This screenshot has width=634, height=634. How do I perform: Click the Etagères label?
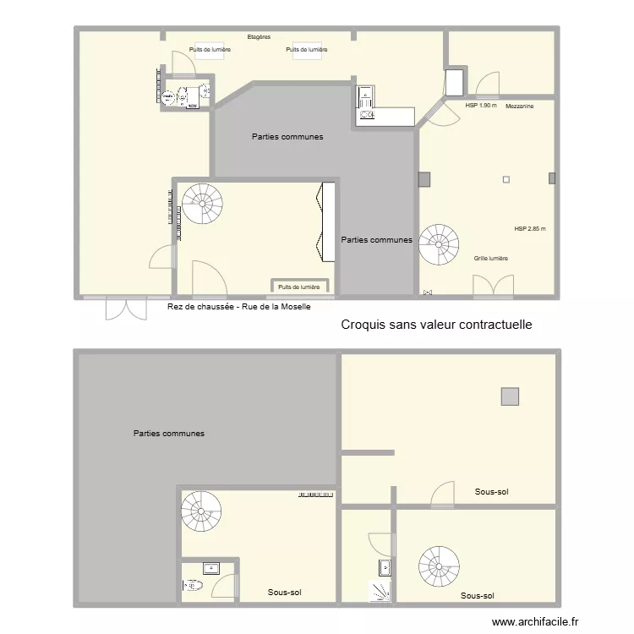[x=259, y=37]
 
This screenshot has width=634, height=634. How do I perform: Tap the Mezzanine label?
[x=520, y=107]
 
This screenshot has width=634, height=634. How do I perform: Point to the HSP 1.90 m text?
[x=481, y=105]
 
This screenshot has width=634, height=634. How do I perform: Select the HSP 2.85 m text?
[x=530, y=229]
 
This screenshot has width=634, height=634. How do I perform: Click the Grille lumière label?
[x=491, y=259]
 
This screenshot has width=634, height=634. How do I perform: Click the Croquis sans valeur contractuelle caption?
[x=437, y=325]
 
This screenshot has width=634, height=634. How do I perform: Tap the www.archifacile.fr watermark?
[x=535, y=621]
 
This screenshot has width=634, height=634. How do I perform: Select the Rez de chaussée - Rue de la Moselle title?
[x=239, y=307]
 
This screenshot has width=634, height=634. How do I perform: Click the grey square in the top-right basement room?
[x=510, y=396]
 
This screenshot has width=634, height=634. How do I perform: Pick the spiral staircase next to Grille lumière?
[x=439, y=244]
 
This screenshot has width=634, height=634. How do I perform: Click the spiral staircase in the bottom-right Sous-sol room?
[x=439, y=566]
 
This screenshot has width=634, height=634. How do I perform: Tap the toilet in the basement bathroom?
[x=193, y=585]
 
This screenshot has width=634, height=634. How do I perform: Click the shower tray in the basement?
[x=380, y=591]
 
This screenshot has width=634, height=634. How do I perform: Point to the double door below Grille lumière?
[x=494, y=287]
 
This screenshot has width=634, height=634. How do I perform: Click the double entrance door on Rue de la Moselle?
[x=126, y=309]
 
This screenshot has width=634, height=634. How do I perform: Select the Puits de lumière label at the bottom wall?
[x=298, y=287]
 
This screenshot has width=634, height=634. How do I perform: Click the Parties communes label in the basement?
[x=169, y=434]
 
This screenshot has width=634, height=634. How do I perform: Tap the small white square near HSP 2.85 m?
[x=506, y=179]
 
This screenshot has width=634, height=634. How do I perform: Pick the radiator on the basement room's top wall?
[x=316, y=495]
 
